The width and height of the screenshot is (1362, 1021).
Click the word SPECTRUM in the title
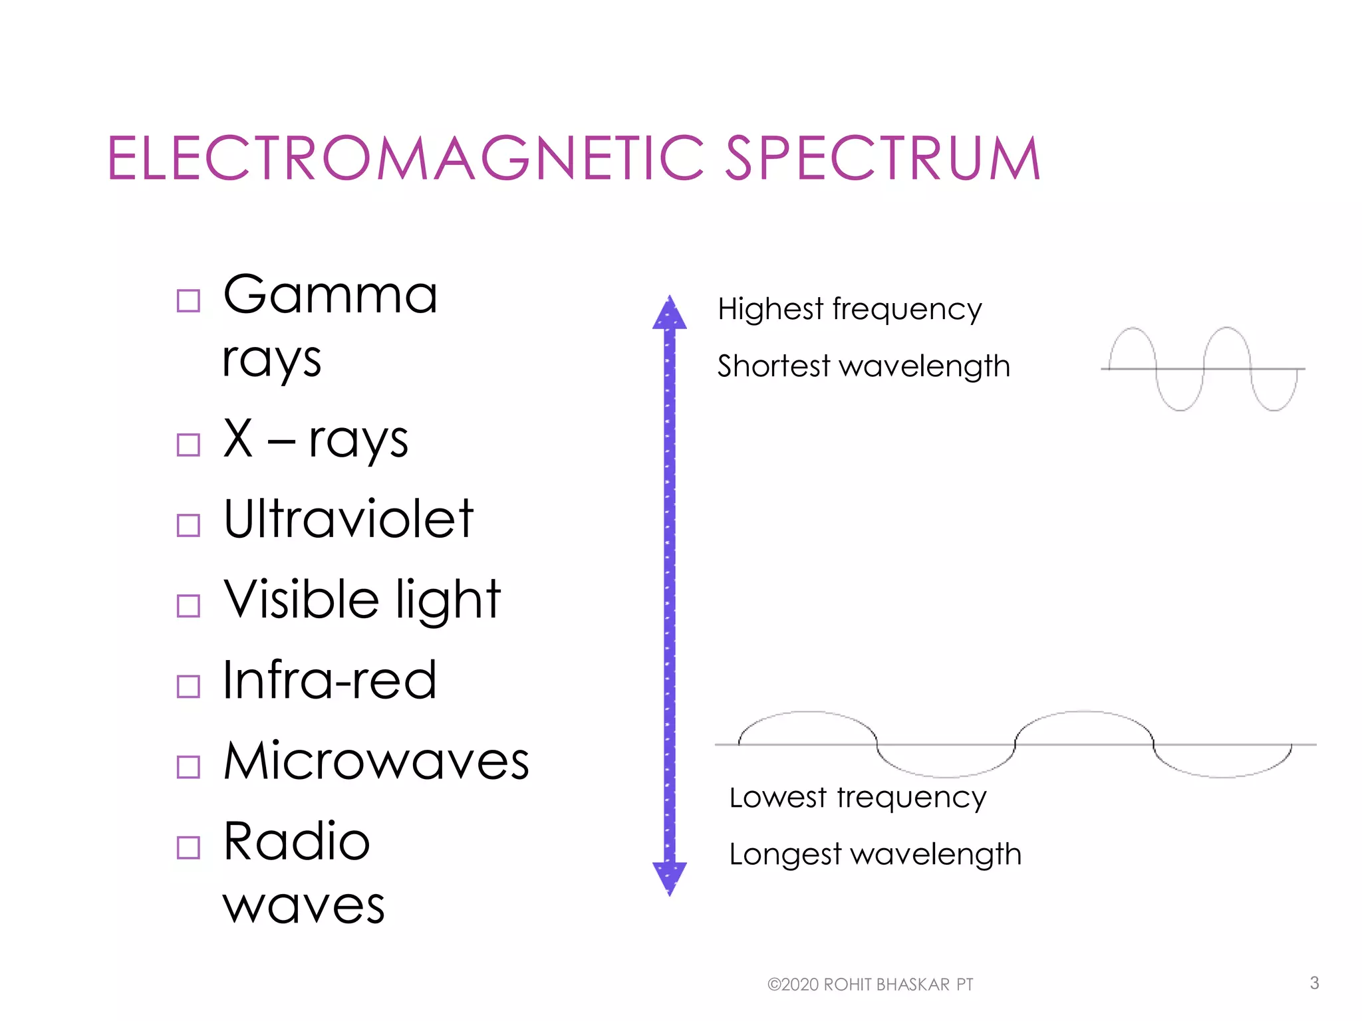tap(883, 158)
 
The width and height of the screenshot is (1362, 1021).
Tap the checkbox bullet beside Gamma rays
tap(188, 300)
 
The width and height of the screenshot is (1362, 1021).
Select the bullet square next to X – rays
tap(188, 445)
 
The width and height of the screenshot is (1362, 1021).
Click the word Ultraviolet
tap(348, 518)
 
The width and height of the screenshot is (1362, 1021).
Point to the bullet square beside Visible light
tap(188, 606)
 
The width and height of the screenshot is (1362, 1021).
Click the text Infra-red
tap(329, 680)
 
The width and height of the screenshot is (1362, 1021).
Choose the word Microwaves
tap(376, 760)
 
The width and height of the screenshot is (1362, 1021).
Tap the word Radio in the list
tap(297, 842)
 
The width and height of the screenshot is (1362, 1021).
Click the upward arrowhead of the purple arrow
tap(670, 313)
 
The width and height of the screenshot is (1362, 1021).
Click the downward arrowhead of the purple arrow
tap(670, 877)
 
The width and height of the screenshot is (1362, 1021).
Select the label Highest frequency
tap(849, 309)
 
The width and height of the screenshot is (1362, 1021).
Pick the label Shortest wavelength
tap(863, 366)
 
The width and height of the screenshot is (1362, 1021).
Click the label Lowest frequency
tap(857, 797)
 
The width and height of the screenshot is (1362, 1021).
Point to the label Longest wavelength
tap(875, 854)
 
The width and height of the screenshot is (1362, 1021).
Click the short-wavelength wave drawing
tap(1202, 368)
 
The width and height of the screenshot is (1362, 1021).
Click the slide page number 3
tap(1314, 983)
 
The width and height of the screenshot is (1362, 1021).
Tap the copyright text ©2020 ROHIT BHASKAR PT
tap(870, 984)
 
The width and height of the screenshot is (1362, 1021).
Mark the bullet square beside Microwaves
tap(188, 767)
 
